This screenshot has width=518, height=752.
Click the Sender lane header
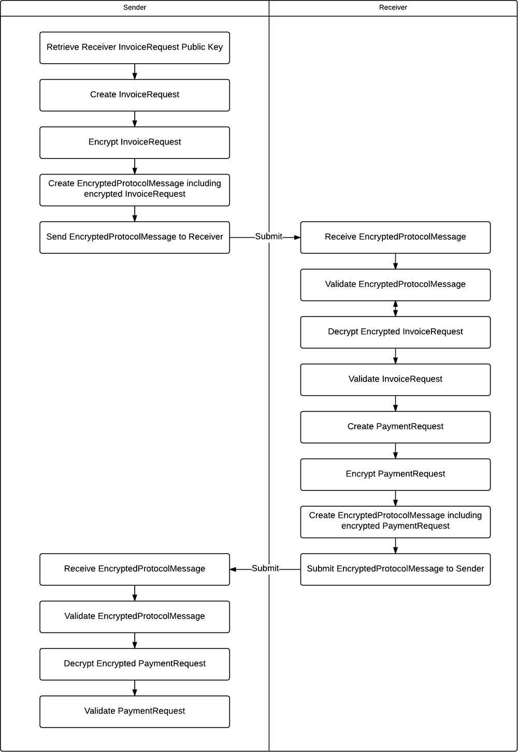click(x=135, y=8)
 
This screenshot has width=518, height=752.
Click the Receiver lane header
click(x=393, y=8)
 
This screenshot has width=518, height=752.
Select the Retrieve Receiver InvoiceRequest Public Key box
click(x=135, y=48)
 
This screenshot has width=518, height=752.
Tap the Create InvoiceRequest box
click(x=135, y=95)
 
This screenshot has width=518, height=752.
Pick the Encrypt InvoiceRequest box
click(x=135, y=142)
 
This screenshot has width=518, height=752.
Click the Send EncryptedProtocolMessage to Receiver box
click(x=135, y=237)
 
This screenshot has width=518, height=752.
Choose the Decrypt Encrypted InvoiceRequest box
click(x=395, y=332)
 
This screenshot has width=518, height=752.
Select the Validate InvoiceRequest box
click(x=395, y=380)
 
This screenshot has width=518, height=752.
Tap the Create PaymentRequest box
click(x=395, y=427)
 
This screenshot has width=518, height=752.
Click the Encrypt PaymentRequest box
click(x=395, y=474)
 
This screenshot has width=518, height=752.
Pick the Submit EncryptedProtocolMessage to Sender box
click(x=395, y=569)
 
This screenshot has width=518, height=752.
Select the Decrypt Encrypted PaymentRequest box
click(x=135, y=664)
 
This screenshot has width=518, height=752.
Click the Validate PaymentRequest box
click(x=135, y=712)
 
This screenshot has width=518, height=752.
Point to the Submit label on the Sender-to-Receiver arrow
click(x=268, y=237)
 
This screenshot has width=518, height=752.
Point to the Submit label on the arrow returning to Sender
click(x=265, y=569)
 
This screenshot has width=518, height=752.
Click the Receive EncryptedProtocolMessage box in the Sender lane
click(x=135, y=569)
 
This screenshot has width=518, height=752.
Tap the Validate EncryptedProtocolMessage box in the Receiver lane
click(x=395, y=284)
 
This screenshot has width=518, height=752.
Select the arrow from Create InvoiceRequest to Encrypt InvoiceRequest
click(x=135, y=119)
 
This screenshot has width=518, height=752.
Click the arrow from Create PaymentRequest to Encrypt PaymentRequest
click(x=395, y=451)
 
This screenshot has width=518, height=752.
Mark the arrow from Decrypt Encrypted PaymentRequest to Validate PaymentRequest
click(x=135, y=688)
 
